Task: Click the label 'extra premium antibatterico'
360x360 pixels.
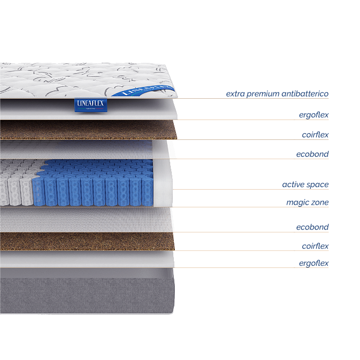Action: pos(277,94)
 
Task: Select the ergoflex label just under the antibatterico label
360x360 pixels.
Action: pos(314,115)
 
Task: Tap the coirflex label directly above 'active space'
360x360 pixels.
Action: pos(315,135)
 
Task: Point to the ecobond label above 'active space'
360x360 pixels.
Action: pos(312,154)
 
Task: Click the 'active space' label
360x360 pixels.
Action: pos(305,185)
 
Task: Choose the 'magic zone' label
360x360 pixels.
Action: pos(307,203)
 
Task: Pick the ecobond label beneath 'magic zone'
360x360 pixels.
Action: pos(312,227)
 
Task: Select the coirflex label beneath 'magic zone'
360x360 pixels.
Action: pos(315,246)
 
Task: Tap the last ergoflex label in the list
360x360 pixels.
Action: pos(314,263)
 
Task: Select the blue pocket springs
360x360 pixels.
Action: pos(93,183)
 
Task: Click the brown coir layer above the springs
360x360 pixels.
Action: pos(87,130)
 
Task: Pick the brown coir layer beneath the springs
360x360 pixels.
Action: pos(87,241)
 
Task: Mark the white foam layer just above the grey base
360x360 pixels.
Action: pos(87,259)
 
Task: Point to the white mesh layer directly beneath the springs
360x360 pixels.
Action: pos(87,220)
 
